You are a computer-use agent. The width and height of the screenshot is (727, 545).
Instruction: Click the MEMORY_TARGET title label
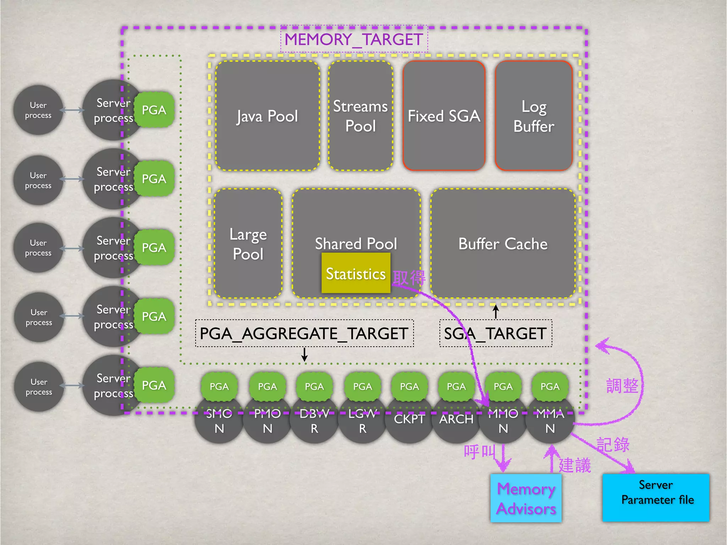click(354, 39)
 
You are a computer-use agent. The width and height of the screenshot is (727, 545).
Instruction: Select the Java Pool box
click(267, 116)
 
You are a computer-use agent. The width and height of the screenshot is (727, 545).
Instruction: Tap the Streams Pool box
click(360, 116)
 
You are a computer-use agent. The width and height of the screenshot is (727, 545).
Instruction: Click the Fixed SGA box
click(444, 116)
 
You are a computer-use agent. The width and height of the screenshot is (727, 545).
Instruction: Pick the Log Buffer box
click(534, 116)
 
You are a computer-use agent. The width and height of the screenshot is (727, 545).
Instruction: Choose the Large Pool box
click(248, 244)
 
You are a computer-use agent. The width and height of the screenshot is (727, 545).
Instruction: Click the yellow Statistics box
click(356, 274)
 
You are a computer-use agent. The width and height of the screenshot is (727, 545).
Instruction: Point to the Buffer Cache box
click(503, 244)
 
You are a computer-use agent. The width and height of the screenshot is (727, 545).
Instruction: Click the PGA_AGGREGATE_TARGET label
click(304, 334)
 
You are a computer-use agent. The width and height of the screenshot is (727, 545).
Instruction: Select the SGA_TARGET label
click(496, 334)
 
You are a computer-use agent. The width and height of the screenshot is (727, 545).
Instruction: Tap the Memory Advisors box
click(526, 498)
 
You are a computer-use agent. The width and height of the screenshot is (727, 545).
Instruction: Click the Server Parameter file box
click(656, 497)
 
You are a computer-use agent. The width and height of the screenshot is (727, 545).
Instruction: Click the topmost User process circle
click(38, 110)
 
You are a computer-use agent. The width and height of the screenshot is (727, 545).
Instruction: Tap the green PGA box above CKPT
click(409, 386)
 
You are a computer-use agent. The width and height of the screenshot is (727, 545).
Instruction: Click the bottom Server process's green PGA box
click(154, 385)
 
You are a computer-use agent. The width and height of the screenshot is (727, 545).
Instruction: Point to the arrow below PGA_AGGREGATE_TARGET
click(304, 354)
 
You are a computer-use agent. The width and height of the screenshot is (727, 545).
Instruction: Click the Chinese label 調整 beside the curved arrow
click(622, 386)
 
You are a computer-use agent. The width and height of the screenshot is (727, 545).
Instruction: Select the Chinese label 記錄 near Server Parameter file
click(613, 445)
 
